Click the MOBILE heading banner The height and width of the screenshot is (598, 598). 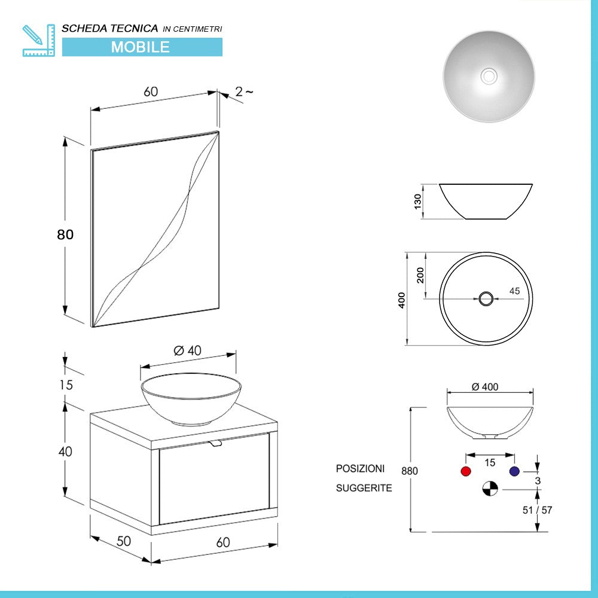click(142, 47)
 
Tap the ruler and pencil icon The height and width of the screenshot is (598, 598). click(38, 40)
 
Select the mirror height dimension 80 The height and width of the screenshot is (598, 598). click(65, 234)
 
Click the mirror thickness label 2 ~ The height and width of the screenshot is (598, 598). click(243, 91)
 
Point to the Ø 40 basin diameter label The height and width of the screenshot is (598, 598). click(188, 351)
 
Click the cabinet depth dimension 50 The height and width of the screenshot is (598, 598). click(123, 541)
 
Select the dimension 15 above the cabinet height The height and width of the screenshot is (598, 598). click(66, 385)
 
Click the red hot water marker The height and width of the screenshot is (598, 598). click(466, 471)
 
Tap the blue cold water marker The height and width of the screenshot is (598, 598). click(514, 471)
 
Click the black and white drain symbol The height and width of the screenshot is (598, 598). click(490, 489)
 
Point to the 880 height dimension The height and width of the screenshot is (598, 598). click(409, 471)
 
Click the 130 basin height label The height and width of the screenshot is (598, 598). click(418, 201)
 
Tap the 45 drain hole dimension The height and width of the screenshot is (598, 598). click(514, 291)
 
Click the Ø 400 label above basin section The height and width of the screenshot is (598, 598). click(484, 387)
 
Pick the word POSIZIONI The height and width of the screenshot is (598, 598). click(360, 468)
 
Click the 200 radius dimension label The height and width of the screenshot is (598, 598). click(420, 274)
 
